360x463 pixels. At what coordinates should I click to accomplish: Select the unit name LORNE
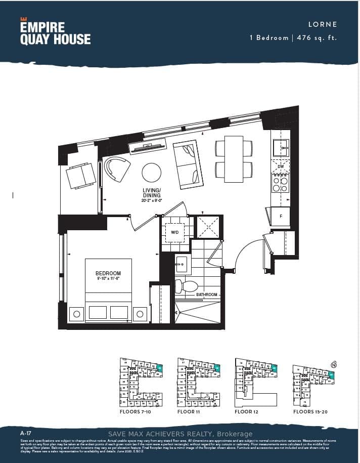tap(322, 24)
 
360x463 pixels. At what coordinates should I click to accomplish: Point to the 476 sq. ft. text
tap(315, 37)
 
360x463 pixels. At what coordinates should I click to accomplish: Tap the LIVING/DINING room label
tap(151, 193)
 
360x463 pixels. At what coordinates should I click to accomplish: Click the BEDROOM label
tap(108, 273)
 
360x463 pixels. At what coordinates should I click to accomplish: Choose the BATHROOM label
tap(207, 294)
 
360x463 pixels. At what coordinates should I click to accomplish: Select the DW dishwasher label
tap(280, 166)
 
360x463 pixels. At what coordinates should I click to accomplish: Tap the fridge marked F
tap(281, 216)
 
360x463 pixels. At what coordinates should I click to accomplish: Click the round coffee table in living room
tap(151, 173)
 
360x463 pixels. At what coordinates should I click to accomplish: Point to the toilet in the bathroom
tap(187, 286)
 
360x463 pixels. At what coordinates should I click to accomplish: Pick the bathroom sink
tap(181, 264)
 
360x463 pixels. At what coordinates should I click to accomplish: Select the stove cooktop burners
tap(280, 184)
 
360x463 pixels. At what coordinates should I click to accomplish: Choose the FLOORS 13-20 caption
tap(310, 412)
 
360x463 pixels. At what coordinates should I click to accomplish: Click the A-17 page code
tap(26, 434)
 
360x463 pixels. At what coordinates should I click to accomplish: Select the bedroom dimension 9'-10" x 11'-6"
tap(108, 279)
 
